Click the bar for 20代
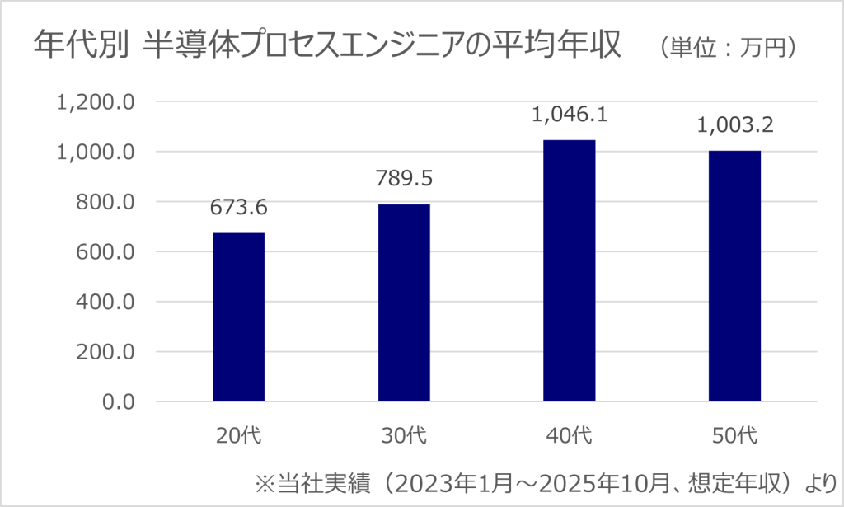click(x=239, y=317)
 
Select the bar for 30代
click(x=404, y=303)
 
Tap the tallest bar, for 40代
click(x=570, y=270)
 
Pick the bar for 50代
click(x=735, y=276)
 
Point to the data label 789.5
click(x=404, y=176)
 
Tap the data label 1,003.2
click(x=735, y=126)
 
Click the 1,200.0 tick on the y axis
click(x=94, y=102)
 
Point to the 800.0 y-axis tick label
click(x=103, y=202)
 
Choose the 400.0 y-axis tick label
click(x=103, y=302)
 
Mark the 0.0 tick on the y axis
click(x=115, y=401)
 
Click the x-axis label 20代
click(x=239, y=435)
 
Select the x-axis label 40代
click(x=570, y=435)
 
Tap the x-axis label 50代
click(x=735, y=435)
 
